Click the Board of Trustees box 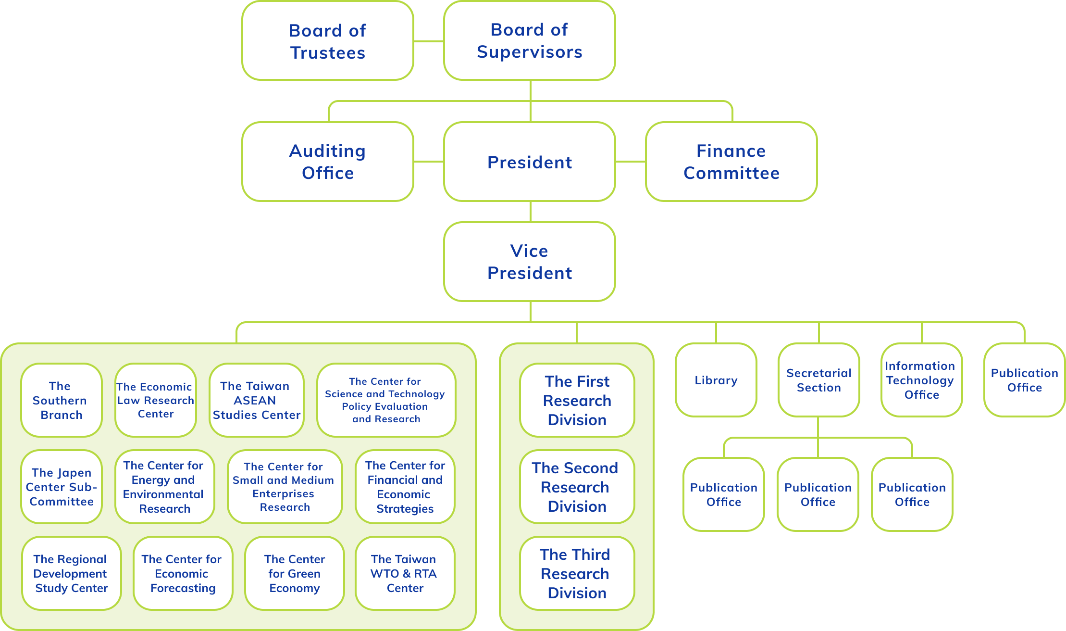click(328, 40)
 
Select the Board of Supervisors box click(530, 40)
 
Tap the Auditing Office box click(328, 162)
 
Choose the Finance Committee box click(731, 162)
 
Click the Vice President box click(530, 262)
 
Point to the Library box click(716, 380)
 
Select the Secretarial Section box click(819, 380)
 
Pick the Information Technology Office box click(922, 380)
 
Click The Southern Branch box click(62, 400)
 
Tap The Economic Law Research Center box click(156, 400)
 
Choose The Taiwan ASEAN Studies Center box click(257, 400)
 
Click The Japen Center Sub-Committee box click(62, 487)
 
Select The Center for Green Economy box click(295, 573)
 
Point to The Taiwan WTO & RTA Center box click(405, 573)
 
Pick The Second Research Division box click(577, 487)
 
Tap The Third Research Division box click(577, 573)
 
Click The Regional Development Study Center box click(72, 573)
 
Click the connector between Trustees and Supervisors click(429, 41)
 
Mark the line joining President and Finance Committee click(631, 162)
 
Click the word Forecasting click(183, 588)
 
